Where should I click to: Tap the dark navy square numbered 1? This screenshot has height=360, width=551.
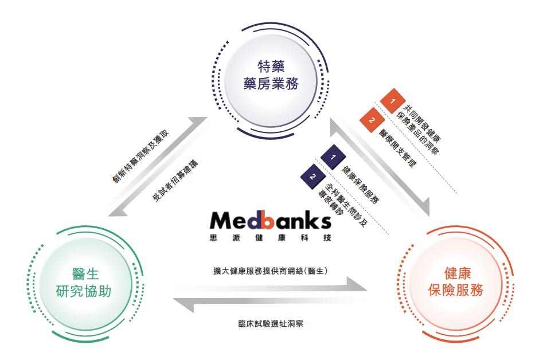pyautogui.click(x=333, y=156)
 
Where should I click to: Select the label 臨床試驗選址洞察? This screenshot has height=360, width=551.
pyautogui.click(x=270, y=324)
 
